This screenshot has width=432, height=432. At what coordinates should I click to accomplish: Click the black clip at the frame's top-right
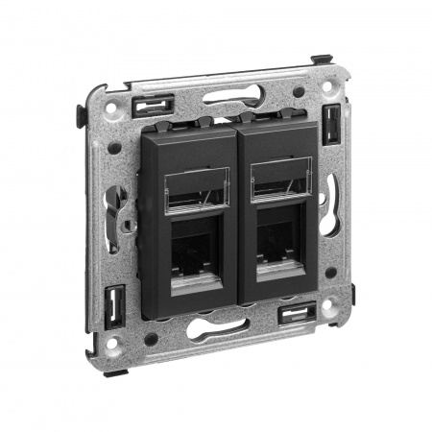[x=331, y=123]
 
